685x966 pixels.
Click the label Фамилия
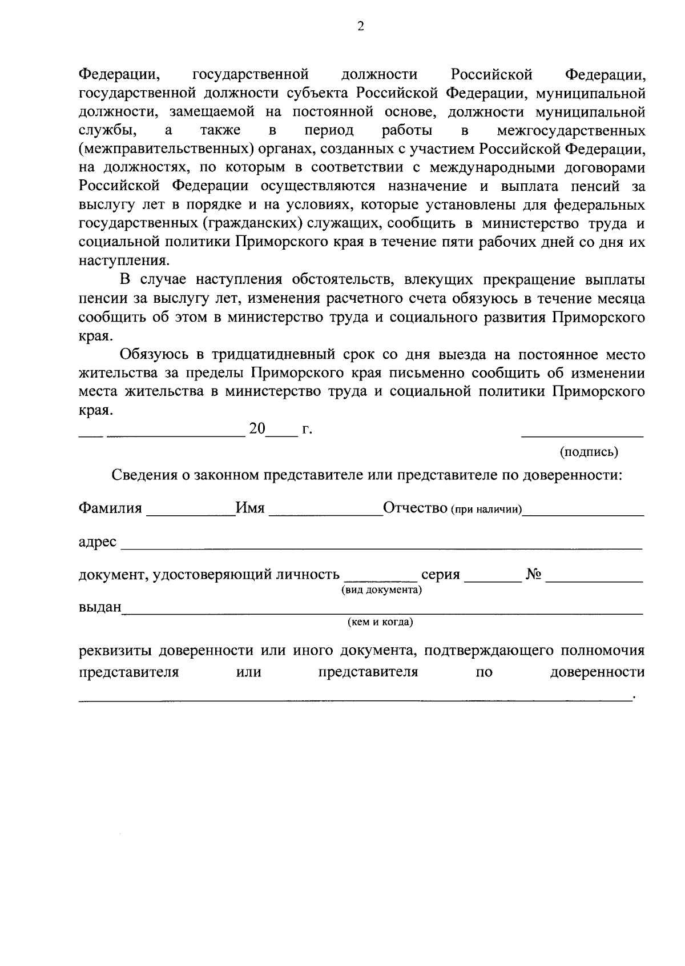110,508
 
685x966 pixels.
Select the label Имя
250,508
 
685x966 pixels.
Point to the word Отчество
415,508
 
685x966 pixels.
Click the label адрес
97,542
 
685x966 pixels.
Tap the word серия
440,575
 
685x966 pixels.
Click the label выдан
99,607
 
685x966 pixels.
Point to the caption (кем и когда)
380,622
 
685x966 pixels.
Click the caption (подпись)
589,452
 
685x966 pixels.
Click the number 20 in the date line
257,428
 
